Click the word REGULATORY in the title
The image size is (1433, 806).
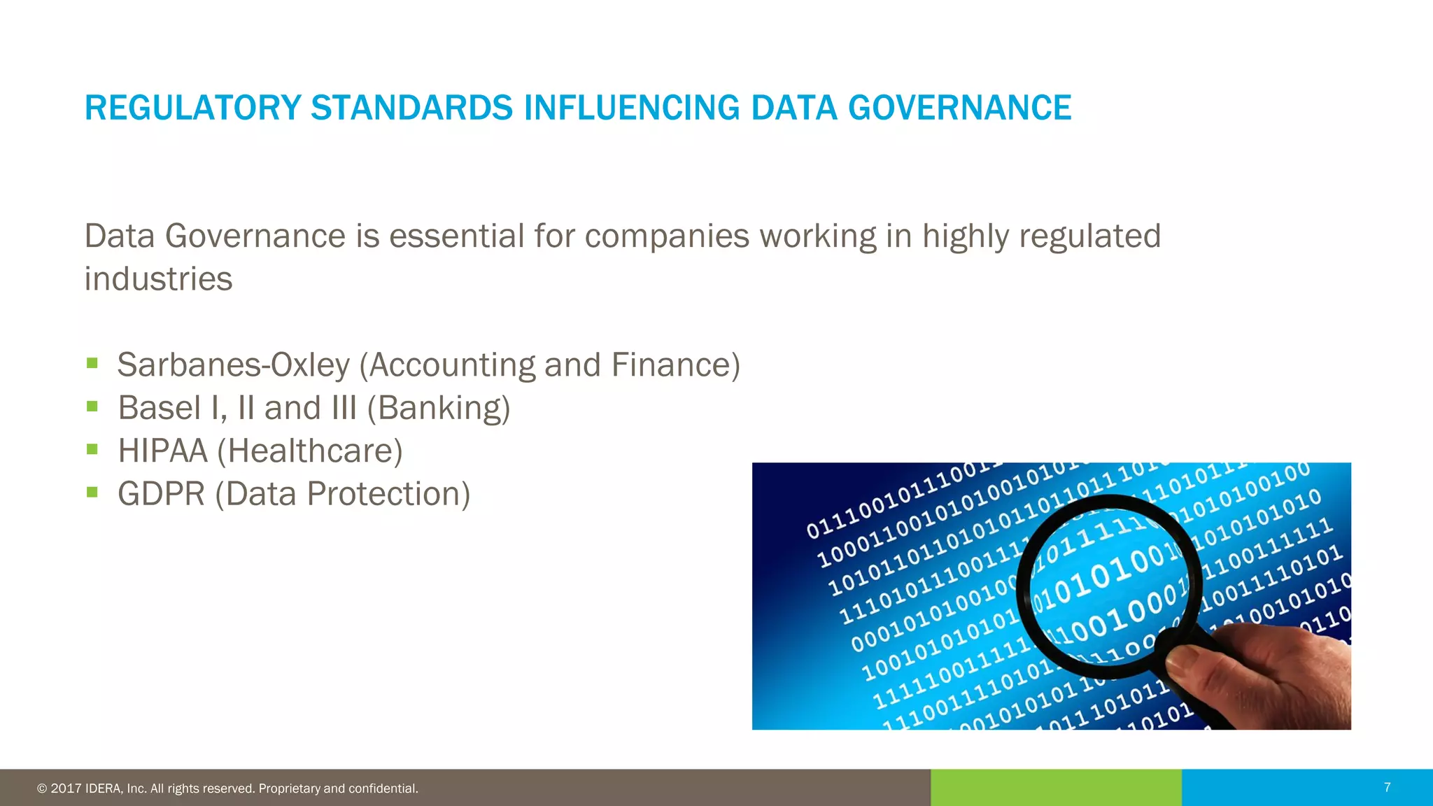tap(192, 108)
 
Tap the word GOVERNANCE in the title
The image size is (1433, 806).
tap(959, 108)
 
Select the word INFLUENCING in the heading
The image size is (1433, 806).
tap(632, 108)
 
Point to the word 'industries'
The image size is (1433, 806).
tap(158, 279)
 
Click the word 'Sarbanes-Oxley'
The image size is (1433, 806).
tap(233, 365)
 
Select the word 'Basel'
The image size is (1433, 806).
tap(160, 408)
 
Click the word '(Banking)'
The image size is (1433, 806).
tap(439, 409)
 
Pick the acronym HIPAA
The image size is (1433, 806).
tap(162, 451)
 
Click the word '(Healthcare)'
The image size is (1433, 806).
tap(310, 451)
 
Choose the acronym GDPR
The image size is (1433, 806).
tap(161, 494)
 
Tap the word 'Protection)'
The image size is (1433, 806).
tap(388, 494)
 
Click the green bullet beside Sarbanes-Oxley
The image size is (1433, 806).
tap(92, 363)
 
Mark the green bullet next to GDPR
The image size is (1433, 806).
tap(92, 492)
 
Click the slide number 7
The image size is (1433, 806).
tap(1387, 788)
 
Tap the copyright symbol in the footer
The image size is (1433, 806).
tap(42, 789)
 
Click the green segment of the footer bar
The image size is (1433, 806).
tap(1056, 788)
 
